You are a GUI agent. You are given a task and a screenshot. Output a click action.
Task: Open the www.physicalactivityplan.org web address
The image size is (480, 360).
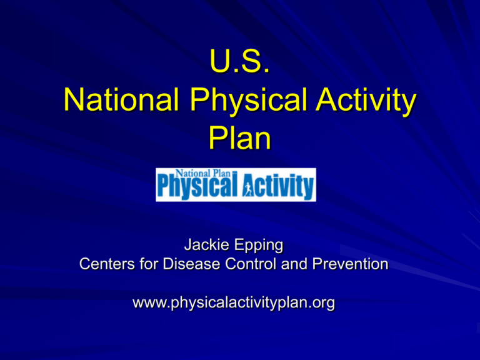coord(234,304)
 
